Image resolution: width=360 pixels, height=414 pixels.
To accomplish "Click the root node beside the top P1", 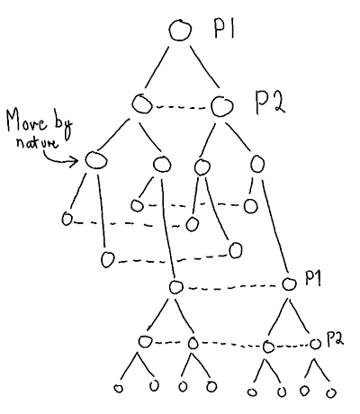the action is click(x=180, y=30).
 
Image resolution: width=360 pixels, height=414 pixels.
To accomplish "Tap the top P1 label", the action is click(x=224, y=30).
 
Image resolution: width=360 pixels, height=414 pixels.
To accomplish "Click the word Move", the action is click(x=27, y=122).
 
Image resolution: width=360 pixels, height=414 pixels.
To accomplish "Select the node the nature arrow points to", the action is click(x=95, y=159).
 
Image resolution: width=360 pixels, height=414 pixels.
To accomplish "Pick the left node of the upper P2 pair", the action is click(x=141, y=103).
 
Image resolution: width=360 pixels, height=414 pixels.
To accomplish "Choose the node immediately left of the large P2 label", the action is click(x=222, y=106).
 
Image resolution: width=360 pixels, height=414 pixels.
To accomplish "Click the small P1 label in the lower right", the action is click(x=312, y=278).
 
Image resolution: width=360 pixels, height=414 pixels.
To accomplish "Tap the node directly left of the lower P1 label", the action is click(x=289, y=283).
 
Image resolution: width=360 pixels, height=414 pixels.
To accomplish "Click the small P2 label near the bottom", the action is click(x=334, y=339).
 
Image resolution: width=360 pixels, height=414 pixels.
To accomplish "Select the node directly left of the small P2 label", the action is click(x=315, y=344).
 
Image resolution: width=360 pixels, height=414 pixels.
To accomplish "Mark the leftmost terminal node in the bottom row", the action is click(x=119, y=389).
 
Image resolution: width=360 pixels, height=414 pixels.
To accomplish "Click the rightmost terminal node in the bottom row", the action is click(x=331, y=392).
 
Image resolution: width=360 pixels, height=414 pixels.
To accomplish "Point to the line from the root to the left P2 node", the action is click(x=157, y=67).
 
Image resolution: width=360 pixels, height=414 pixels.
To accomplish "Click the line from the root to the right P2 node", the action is click(x=205, y=67).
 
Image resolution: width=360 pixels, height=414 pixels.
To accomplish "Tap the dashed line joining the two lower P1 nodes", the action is click(x=232, y=287).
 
